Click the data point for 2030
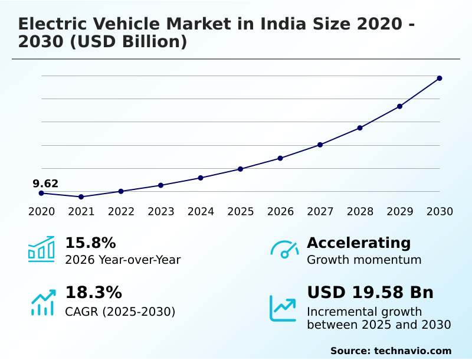(x=440, y=78)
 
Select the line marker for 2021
(x=81, y=197)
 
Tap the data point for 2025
(x=240, y=169)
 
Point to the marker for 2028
(x=360, y=127)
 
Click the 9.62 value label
(x=45, y=184)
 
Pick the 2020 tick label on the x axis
(x=41, y=211)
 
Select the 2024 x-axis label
(x=201, y=211)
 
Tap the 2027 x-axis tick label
(x=320, y=211)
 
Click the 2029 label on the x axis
(x=399, y=211)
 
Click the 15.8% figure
(x=90, y=243)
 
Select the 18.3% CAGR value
(x=93, y=293)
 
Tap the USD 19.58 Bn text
(x=370, y=293)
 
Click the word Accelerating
(x=359, y=243)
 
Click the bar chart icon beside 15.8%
(x=41, y=249)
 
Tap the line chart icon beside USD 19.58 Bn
(x=283, y=308)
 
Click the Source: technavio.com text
(x=391, y=351)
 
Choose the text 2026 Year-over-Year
(x=123, y=260)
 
